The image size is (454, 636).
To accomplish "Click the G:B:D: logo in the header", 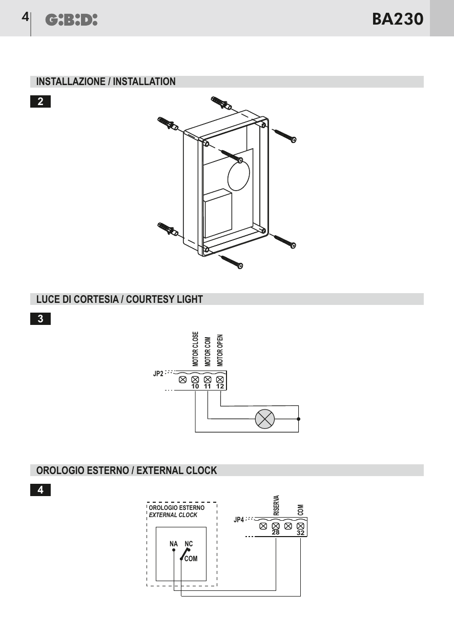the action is click(x=71, y=20).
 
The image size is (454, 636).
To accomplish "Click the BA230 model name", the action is click(x=398, y=19).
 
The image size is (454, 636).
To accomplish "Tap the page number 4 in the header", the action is click(x=25, y=17).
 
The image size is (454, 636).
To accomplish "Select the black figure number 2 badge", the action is click(x=40, y=101).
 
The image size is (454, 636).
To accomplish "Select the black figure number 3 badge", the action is click(x=40, y=319).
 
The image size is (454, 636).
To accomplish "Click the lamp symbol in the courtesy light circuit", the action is click(x=264, y=419).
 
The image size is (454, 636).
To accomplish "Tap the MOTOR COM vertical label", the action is click(x=208, y=352).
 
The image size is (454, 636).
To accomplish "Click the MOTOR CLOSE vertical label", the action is click(x=195, y=349).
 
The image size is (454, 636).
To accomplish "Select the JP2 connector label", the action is click(x=158, y=374).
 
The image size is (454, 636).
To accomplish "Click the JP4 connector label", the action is click(x=238, y=520).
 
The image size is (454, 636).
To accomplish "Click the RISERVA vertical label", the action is click(x=276, y=505).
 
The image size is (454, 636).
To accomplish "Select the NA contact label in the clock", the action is click(x=174, y=544).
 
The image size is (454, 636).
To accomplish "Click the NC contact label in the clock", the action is click(x=189, y=544).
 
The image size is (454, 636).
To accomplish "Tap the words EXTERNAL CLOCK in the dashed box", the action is click(x=173, y=515).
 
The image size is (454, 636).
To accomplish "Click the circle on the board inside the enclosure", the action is click(x=239, y=174).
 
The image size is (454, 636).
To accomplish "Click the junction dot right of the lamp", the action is click(x=298, y=419).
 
